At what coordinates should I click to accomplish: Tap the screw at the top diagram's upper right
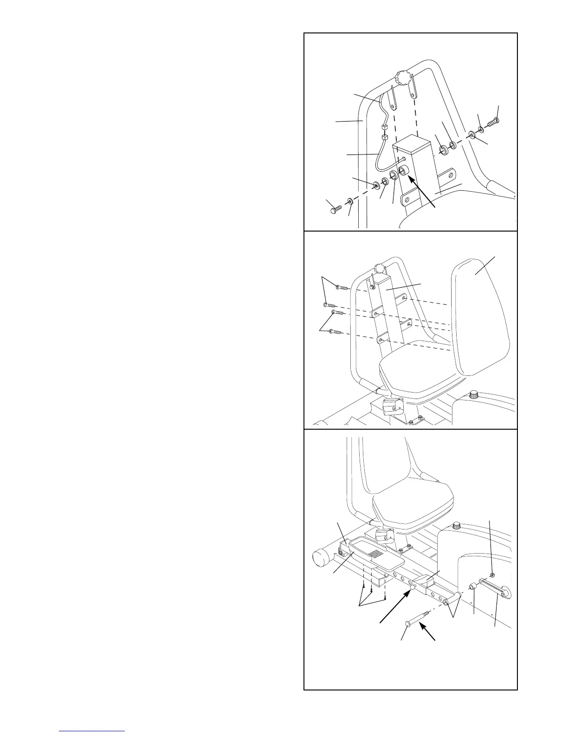coord(493,123)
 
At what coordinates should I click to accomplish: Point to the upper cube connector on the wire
coord(383,127)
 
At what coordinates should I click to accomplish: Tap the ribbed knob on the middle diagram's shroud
coord(475,395)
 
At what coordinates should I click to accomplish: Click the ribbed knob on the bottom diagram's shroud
coord(457,526)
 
